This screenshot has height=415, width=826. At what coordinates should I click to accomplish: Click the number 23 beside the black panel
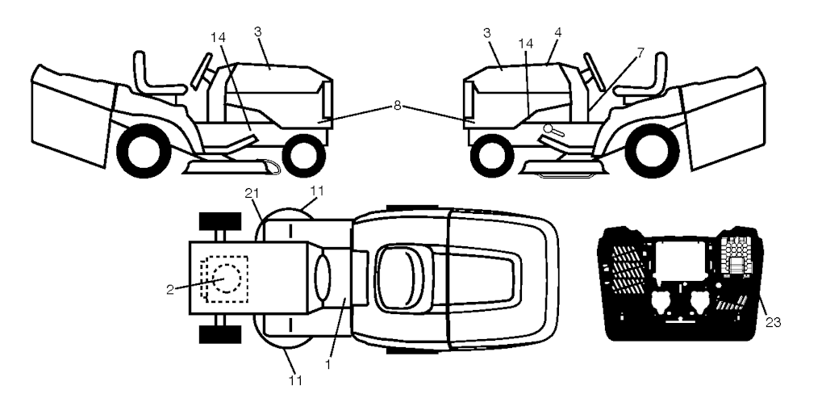pos(773,322)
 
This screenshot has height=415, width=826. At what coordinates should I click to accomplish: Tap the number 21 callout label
pos(252,194)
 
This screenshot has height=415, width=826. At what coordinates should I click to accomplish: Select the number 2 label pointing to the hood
pos(169,290)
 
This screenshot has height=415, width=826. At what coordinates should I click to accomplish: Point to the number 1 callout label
pos(327,364)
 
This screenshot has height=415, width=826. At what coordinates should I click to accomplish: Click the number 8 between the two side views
pos(397,106)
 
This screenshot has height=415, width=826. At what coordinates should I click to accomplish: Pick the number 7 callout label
pos(640,52)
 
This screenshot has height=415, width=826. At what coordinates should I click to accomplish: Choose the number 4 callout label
pos(557,32)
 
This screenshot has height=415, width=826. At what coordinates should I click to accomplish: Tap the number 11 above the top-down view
pos(318,191)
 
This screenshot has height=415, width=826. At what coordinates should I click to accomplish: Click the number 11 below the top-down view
pos(295,379)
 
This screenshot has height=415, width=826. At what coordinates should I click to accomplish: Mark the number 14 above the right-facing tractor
pos(218,37)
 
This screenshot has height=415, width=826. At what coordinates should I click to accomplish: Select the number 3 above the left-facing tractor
pos(486,32)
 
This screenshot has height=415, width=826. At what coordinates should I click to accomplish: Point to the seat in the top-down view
pos(401,278)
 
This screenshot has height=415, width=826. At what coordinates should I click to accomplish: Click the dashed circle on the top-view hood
pos(227,277)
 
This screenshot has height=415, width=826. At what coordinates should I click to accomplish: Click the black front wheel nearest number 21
pos(219,221)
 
